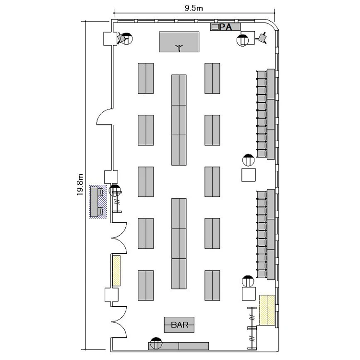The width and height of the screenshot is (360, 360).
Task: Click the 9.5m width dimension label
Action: tap(194, 8)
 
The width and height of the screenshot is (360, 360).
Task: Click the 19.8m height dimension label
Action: tap(80, 185)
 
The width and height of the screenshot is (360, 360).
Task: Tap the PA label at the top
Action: tap(226, 27)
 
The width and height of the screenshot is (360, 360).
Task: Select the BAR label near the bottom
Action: tap(180, 324)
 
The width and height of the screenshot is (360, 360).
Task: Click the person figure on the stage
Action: tap(179, 48)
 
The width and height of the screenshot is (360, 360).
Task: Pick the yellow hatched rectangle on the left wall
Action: tap(117, 271)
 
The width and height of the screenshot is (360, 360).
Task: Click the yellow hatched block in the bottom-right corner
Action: tap(267, 310)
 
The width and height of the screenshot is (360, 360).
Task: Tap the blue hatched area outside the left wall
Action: tap(98, 202)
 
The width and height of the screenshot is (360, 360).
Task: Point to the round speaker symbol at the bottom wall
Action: tap(156, 343)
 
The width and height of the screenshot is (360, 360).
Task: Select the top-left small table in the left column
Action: tap(145, 78)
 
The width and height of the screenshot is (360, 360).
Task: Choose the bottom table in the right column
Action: tap(212, 286)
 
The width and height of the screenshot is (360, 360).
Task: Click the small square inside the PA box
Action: tap(215, 27)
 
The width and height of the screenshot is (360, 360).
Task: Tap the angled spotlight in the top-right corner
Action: tap(262, 37)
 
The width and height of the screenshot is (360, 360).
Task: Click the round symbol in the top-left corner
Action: tap(127, 39)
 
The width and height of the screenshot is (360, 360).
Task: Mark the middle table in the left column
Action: tap(145, 181)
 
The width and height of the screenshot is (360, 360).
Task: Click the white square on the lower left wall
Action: tap(111, 295)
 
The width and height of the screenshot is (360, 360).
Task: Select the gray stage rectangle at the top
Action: tap(179, 42)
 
